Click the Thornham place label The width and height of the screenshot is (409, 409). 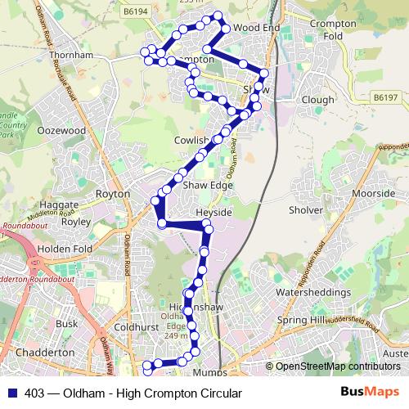pos(70,56)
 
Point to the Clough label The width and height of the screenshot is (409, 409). pos(317,100)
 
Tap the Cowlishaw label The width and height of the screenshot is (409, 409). pos(193,141)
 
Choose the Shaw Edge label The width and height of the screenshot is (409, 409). pos(208,186)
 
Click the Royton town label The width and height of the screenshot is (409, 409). pos(113,195)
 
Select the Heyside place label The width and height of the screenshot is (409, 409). pos(215,212)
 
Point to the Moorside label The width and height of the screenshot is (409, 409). pos(373,194)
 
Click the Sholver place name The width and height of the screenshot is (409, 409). pos(306,209)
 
